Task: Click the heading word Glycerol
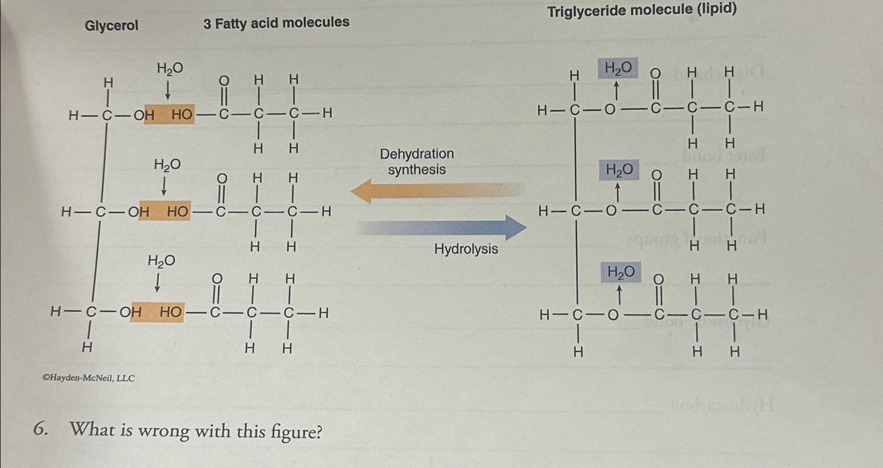111,25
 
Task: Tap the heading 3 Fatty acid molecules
276,23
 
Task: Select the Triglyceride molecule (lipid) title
642,10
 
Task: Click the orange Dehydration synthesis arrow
433,191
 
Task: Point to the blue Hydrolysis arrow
444,227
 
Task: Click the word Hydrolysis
466,249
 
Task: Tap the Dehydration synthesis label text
417,162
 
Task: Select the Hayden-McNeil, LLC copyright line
88,378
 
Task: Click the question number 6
40,429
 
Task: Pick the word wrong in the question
164,430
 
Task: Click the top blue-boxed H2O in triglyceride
618,68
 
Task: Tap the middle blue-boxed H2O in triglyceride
619,170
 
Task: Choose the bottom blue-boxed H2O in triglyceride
621,272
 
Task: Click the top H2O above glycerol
170,68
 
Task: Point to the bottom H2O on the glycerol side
161,261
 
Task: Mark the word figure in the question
296,432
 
